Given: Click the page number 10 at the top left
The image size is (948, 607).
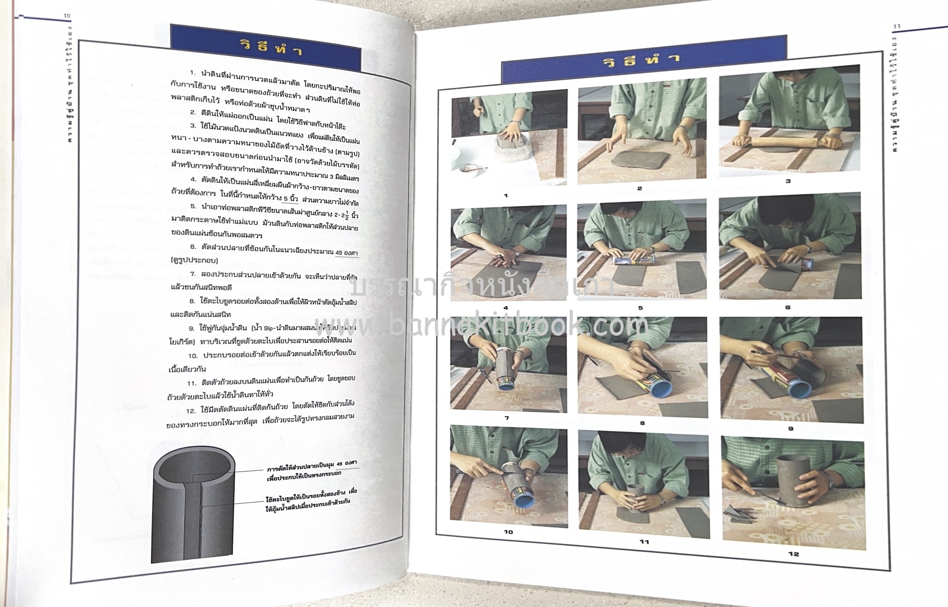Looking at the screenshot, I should [x=66, y=16].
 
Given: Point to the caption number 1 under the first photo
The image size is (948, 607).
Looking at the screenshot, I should [x=506, y=196].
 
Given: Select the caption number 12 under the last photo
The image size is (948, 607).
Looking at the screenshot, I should [x=794, y=554].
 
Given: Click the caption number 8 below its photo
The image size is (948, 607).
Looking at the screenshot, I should [x=643, y=423].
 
